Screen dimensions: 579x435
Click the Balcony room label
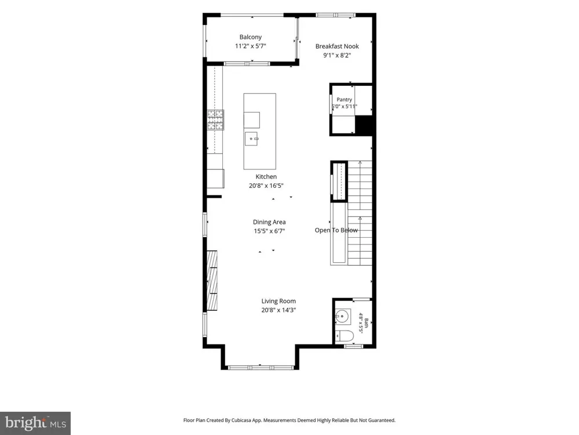(x=250, y=37)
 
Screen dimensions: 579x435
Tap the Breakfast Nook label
(x=337, y=46)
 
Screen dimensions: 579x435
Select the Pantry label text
(x=344, y=100)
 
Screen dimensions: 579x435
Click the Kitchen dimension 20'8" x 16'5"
(x=266, y=186)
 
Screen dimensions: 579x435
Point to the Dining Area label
(x=269, y=222)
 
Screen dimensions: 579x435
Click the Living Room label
(x=278, y=301)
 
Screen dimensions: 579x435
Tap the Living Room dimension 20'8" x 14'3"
(x=278, y=310)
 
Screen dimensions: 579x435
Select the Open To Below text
(x=336, y=230)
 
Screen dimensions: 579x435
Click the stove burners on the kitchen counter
(x=215, y=120)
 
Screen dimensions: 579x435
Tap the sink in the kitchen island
(x=251, y=139)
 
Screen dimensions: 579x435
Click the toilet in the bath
(x=345, y=336)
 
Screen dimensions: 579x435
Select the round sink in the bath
(x=342, y=317)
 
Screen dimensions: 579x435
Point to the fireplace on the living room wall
(x=212, y=280)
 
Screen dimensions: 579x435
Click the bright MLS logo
(x=35, y=423)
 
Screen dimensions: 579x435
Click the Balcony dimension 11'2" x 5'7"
(x=250, y=46)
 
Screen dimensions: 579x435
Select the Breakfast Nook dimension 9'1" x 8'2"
(x=337, y=55)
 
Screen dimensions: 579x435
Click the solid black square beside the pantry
(x=363, y=125)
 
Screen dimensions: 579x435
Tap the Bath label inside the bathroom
(x=367, y=323)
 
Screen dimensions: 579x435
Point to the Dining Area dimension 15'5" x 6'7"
(x=269, y=231)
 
